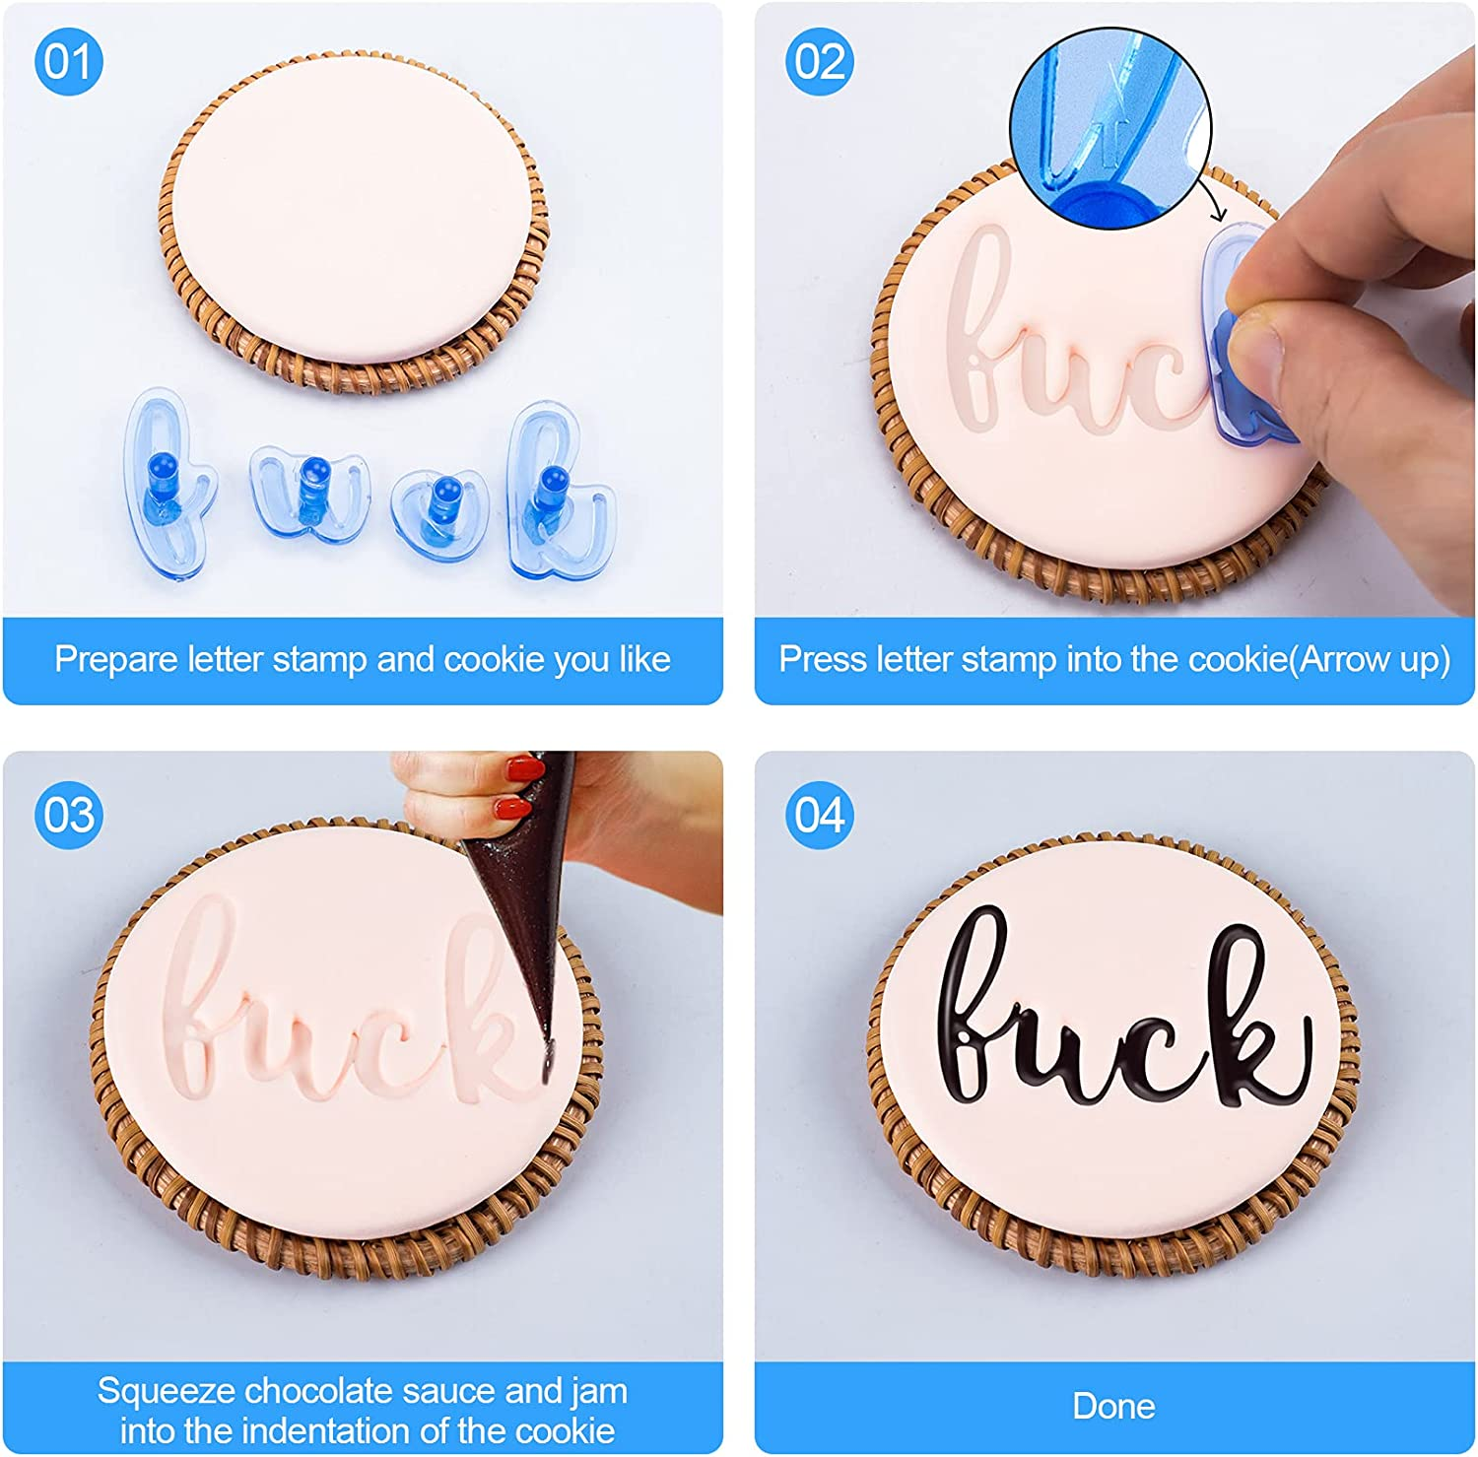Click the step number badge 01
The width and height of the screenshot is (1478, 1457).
(68, 61)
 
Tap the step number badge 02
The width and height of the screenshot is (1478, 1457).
(819, 61)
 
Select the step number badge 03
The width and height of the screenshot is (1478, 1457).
(68, 815)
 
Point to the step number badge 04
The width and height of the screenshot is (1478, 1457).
(819, 815)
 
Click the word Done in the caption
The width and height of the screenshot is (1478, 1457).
(1113, 1406)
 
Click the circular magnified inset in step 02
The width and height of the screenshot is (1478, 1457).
(1110, 128)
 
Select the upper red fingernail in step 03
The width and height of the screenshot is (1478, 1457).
(524, 767)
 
